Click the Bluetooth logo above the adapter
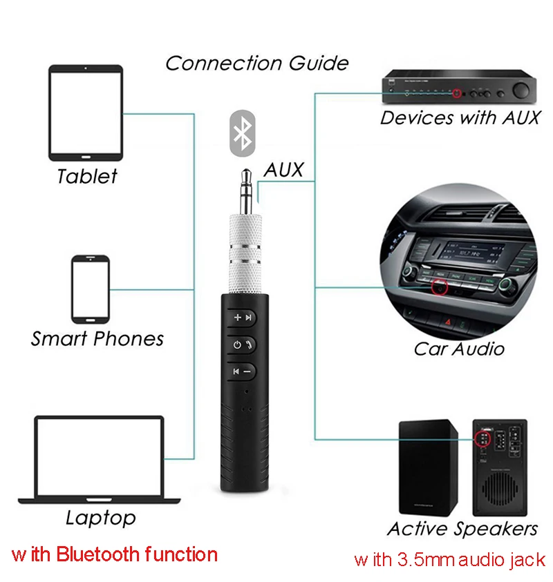tap(242, 133)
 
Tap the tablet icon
tap(86, 113)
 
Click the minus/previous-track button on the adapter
tap(242, 371)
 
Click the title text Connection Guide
tap(256, 64)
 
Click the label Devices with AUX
tap(460, 117)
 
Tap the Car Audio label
tap(459, 348)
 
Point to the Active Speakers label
tap(462, 529)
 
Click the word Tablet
tap(87, 176)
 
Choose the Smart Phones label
tap(97, 339)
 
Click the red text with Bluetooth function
tap(115, 554)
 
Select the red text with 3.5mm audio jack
tap(449, 559)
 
